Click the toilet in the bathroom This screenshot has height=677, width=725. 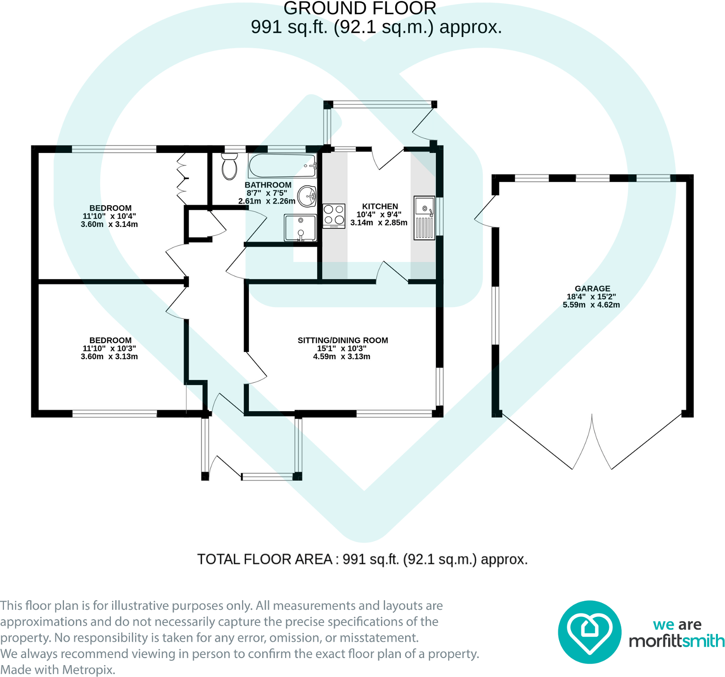(x=229, y=167)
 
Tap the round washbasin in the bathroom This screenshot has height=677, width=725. (x=308, y=196)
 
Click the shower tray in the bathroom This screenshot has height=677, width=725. (x=300, y=227)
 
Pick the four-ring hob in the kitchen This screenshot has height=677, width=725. (x=334, y=216)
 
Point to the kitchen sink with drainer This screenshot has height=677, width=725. (x=424, y=218)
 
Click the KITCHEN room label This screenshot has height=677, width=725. (x=380, y=207)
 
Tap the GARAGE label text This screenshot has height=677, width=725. (x=592, y=289)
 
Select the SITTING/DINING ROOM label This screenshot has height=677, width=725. (x=343, y=340)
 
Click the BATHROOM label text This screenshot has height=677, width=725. (x=268, y=185)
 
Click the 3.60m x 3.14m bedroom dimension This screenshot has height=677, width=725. (x=109, y=225)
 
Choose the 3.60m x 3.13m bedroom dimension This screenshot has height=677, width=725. (x=109, y=357)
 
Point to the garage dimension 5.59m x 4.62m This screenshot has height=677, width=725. (x=591, y=305)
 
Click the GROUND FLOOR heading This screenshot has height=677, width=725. (x=360, y=9)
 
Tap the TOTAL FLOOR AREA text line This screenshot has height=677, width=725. (x=362, y=560)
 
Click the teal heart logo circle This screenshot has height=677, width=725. (x=589, y=632)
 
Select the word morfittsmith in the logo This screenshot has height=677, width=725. (x=676, y=641)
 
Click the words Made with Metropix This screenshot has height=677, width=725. (x=58, y=670)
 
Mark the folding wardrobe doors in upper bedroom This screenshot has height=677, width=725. (x=182, y=179)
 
